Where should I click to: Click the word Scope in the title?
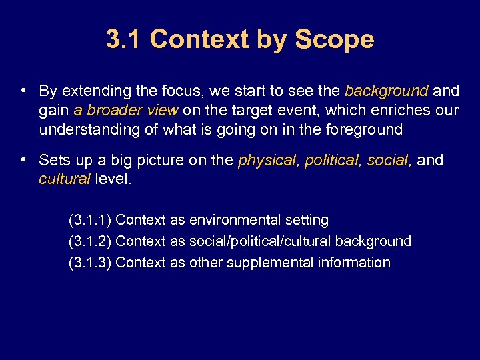point(335,39)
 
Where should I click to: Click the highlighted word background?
point(387,91)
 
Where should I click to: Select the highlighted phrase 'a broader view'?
point(126,110)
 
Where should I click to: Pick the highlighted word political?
point(333,161)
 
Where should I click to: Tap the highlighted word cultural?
point(65,179)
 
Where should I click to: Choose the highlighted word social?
point(391,161)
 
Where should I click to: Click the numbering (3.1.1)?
point(90,220)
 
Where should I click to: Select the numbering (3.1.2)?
point(90,241)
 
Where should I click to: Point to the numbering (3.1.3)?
point(90,263)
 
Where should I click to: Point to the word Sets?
point(53,161)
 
